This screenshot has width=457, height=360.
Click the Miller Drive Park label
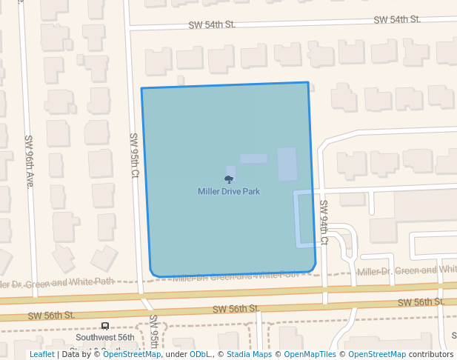229,191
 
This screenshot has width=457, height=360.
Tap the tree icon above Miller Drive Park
229,179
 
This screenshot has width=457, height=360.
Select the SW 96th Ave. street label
30,161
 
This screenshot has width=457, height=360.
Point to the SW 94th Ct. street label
324,221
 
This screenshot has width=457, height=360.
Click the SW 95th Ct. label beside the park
135,156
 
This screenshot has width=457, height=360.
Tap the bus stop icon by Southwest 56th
105,326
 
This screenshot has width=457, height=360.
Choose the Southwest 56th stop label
105,337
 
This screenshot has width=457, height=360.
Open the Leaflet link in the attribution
41,354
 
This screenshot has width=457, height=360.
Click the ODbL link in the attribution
200,354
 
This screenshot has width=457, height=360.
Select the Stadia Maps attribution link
249,354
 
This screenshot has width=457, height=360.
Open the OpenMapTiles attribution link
310,354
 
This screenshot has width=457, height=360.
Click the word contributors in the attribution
431,354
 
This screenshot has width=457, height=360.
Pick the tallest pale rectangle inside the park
287,164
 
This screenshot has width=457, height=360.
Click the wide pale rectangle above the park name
253,159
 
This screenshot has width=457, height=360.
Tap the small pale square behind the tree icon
231,172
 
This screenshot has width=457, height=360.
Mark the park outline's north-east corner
307,82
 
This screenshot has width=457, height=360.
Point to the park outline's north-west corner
141,89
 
